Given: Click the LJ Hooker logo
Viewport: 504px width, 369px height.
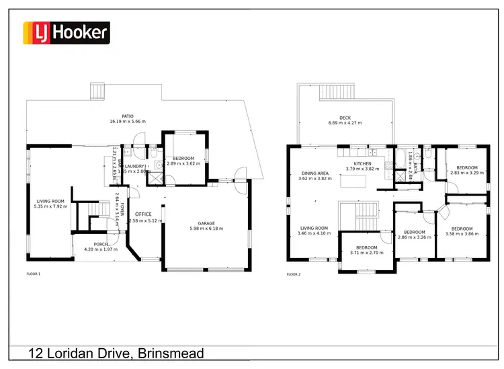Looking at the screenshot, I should coord(67,32).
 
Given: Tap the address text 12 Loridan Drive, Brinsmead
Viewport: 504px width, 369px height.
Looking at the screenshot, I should coord(116,354).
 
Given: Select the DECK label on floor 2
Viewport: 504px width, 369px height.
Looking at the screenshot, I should coord(345,118).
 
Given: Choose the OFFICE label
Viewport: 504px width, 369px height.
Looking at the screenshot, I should coord(144,214).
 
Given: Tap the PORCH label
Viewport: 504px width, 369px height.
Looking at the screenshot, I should coord(100,243).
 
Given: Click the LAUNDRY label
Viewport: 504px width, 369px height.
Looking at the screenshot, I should coord(134,166).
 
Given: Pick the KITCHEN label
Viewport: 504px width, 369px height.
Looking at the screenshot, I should coord(363,163).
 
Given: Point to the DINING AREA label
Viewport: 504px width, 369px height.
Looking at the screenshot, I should coord(314,173).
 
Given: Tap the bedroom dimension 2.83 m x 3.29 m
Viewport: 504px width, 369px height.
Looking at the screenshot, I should coord(466,173).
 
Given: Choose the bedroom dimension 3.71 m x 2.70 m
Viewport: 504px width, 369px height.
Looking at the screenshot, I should coord(366,253).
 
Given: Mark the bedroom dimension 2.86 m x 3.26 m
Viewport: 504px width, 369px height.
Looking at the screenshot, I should coord(414,237).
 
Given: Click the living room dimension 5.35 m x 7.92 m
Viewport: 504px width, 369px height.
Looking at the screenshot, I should coord(52,206).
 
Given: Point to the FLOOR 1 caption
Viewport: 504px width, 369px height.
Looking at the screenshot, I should coord(33,274).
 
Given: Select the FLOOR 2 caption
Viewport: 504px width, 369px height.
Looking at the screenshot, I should coord(293,274).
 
